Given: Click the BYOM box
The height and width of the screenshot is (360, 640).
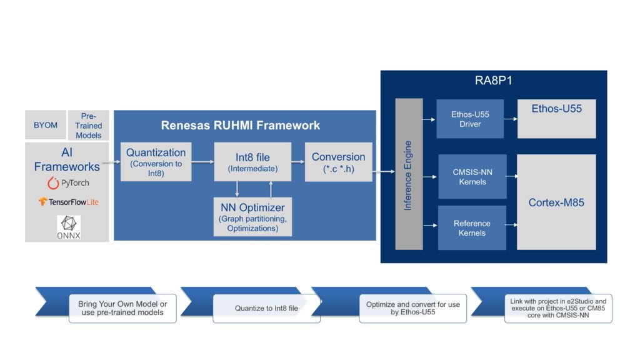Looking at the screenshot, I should (x=45, y=125).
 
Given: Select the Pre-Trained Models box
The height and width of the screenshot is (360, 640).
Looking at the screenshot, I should (x=88, y=126).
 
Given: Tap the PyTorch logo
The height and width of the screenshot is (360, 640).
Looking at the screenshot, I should (x=69, y=183).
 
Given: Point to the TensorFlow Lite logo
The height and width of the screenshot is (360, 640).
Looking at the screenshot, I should (x=69, y=202).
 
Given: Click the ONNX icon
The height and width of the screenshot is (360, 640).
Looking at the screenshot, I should (x=69, y=227).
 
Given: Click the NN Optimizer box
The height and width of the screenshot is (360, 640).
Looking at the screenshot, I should (x=252, y=216).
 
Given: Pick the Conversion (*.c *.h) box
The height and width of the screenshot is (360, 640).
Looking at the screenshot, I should (x=338, y=162).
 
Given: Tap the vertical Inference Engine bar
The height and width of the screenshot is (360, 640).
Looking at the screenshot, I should (x=409, y=174).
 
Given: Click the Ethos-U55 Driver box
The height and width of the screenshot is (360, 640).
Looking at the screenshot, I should (x=471, y=119).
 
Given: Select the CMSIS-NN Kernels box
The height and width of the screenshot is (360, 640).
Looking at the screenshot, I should (x=472, y=177).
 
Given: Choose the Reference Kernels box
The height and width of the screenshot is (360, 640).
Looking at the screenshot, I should (x=472, y=228).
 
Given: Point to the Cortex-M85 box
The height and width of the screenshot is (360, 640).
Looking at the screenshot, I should (x=556, y=202).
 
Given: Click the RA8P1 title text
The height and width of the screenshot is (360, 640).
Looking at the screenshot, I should (x=493, y=81).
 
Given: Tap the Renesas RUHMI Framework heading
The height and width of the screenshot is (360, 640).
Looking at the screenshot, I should (x=241, y=125).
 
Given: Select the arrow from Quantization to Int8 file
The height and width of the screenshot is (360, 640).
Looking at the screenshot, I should (x=202, y=162).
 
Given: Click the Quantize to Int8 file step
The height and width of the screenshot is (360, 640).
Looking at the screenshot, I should (x=266, y=308).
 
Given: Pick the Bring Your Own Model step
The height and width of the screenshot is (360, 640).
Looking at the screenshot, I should (x=122, y=308).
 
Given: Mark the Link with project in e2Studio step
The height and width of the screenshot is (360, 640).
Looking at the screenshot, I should (x=558, y=308).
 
